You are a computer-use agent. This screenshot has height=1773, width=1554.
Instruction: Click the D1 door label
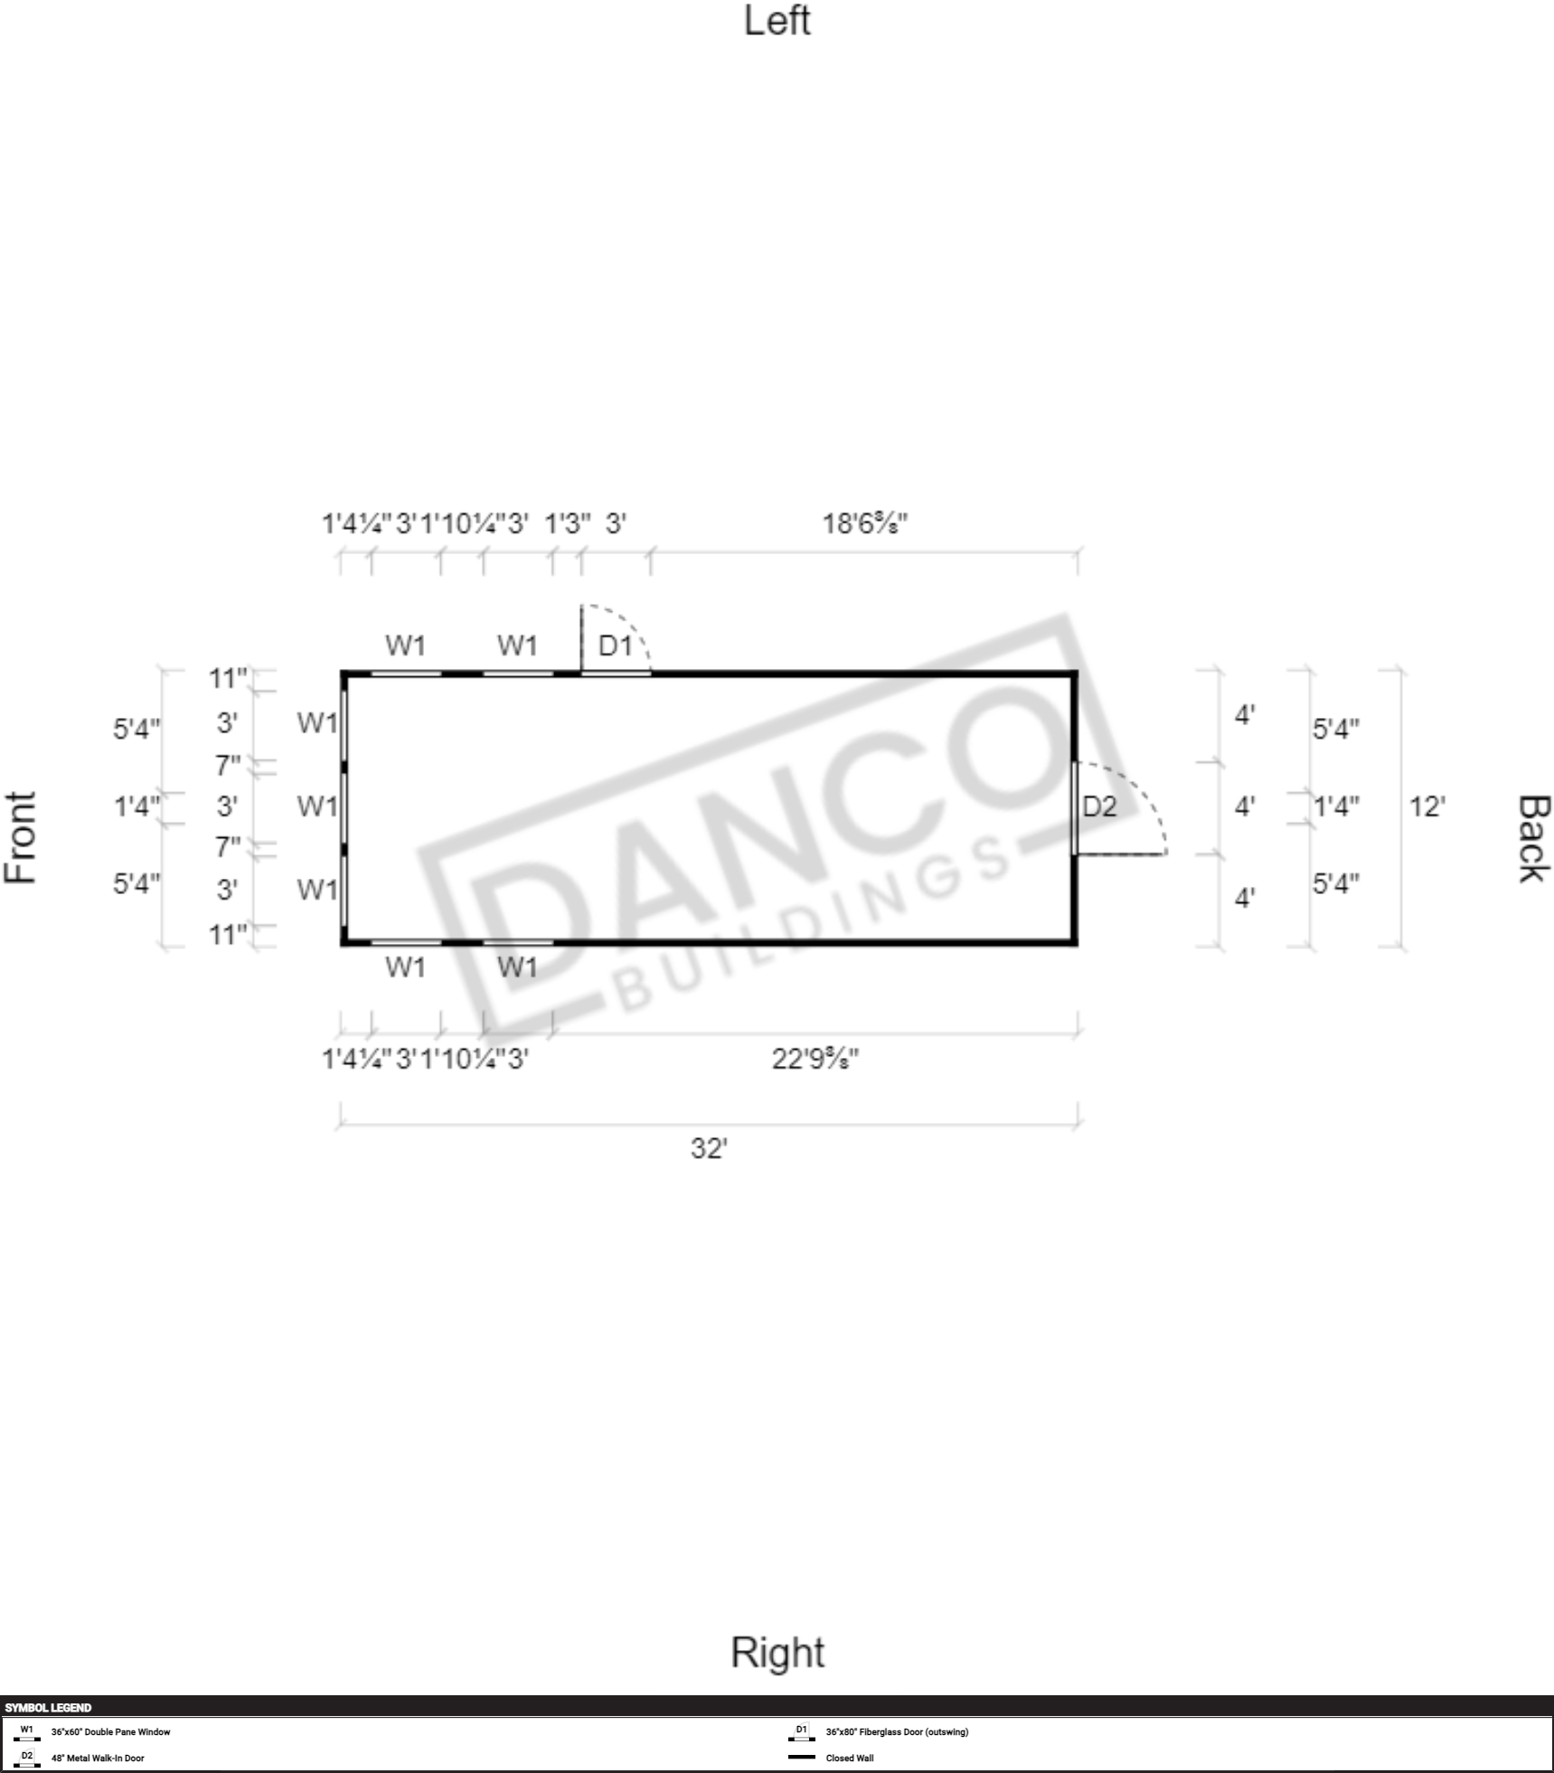point(615,646)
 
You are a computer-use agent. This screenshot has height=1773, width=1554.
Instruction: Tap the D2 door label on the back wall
point(1099,806)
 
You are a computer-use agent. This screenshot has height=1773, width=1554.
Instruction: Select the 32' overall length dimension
point(709,1148)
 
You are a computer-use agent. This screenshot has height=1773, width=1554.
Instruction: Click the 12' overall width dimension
point(1427,806)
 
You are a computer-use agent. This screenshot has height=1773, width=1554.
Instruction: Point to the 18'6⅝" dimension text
point(864,523)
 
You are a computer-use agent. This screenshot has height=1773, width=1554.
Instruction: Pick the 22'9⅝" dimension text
point(815,1058)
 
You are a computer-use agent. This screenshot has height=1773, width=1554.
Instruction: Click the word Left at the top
point(777,21)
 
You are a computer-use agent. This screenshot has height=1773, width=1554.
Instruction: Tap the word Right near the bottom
point(777,1653)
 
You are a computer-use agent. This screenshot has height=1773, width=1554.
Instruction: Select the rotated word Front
point(20,837)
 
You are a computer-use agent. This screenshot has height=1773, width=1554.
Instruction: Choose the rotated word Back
point(1534,838)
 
